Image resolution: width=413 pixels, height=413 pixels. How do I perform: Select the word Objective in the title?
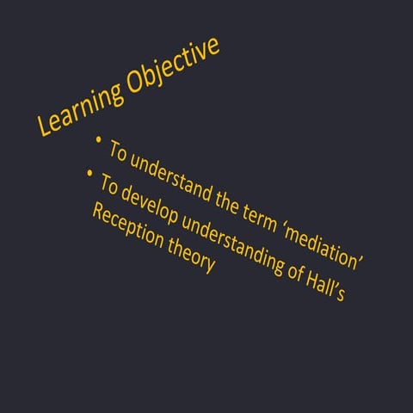click(176, 62)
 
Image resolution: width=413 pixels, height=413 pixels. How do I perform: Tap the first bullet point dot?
click(100, 138)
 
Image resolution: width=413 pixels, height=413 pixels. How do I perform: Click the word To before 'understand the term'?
click(120, 151)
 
